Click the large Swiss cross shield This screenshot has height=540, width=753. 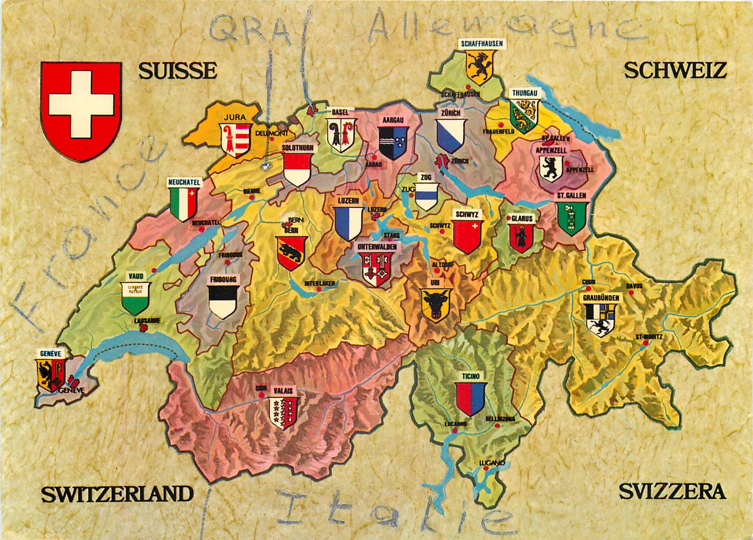pos(81,111)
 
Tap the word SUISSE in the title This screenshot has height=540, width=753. pos(177,71)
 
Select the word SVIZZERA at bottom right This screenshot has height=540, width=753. pos(672,492)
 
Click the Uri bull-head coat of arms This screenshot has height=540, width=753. pos(437,304)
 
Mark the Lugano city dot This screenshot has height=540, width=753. pos(485,468)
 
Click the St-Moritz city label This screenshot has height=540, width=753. pos(649,336)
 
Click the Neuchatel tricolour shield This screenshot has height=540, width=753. pos(184,204)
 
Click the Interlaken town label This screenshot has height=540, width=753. pos(320,283)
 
